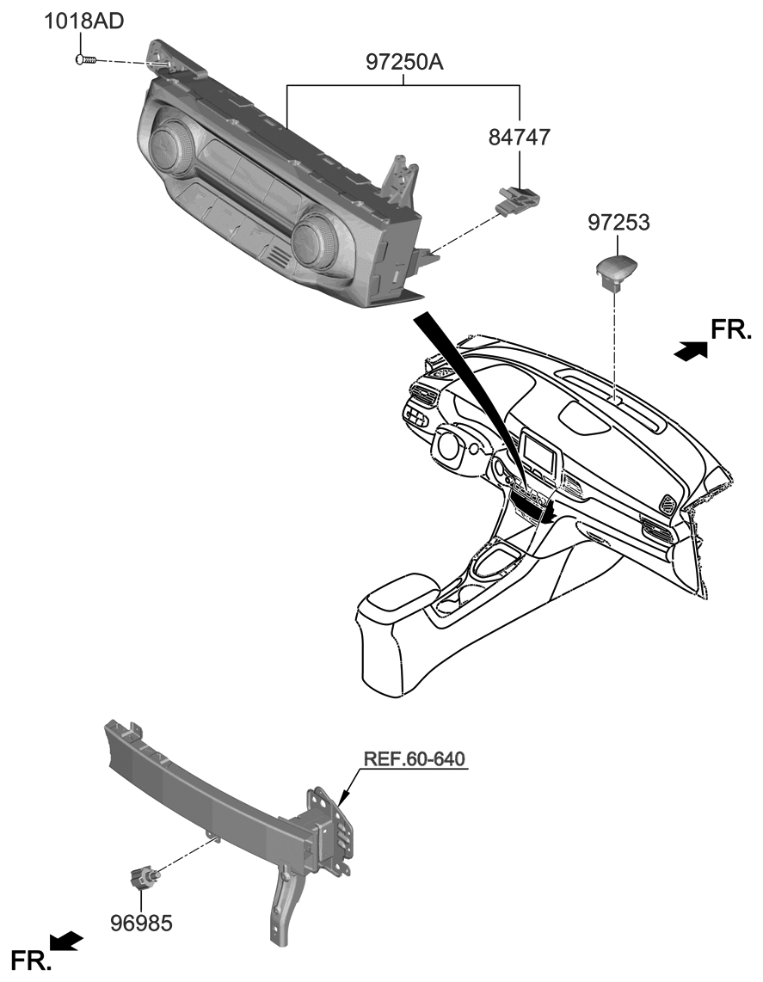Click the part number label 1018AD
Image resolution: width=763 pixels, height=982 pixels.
pos(83,21)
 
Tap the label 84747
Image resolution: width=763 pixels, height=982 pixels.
pos(520,138)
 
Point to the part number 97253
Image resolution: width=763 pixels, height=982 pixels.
pos(618,224)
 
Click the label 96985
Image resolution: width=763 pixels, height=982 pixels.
pos(141,924)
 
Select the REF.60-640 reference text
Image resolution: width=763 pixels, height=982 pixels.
pos(414,759)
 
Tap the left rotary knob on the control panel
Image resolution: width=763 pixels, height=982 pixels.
pos(171,148)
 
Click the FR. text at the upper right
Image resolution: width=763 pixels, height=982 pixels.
pos(732,329)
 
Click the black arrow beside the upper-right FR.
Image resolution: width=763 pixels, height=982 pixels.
pos(691,351)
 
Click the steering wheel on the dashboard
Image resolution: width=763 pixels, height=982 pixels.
pos(449,444)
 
